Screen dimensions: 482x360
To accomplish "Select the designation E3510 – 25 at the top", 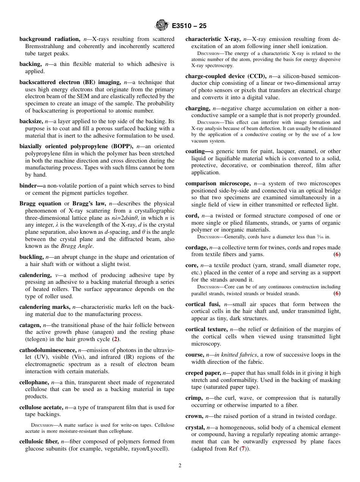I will coord(189,26).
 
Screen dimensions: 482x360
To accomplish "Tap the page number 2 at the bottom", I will coord(180,466).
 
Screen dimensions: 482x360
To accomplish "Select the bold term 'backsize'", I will coord(31,121).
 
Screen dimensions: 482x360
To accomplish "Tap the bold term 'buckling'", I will coord(31,257).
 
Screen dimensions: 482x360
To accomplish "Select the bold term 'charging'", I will coord(197,108).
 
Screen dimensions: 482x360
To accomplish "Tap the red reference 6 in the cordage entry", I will coord(337,254).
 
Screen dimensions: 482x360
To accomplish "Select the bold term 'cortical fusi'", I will coord(203,304).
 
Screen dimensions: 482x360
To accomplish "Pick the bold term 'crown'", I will coord(194,416).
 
